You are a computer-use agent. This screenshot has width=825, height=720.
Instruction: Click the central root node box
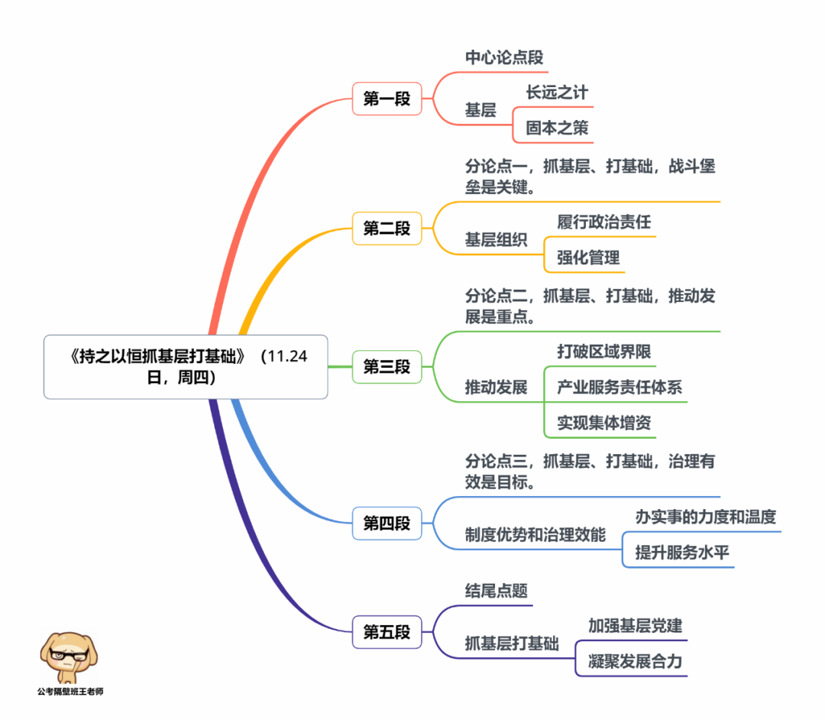(186, 366)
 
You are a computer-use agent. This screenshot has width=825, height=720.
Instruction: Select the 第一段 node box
(387, 99)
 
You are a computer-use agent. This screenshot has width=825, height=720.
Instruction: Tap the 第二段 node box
(387, 228)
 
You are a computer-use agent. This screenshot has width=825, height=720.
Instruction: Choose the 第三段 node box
(387, 366)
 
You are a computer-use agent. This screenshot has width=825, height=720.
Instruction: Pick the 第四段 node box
(387, 523)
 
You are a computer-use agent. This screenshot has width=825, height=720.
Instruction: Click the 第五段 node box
(387, 631)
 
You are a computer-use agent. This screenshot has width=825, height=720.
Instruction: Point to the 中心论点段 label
(504, 57)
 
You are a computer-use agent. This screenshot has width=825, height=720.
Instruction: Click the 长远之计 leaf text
(557, 92)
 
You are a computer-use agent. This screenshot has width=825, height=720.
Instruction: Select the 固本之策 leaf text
(557, 128)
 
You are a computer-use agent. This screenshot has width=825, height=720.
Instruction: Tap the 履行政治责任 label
(603, 222)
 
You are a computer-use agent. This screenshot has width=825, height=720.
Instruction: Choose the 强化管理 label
(588, 258)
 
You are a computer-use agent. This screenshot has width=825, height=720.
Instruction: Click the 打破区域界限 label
(603, 352)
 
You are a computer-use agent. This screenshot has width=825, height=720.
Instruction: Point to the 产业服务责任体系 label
(620, 387)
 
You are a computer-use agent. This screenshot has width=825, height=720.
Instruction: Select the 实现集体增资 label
(603, 422)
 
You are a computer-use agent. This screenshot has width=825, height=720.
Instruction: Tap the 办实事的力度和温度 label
(705, 517)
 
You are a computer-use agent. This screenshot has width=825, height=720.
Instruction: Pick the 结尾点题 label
(497, 591)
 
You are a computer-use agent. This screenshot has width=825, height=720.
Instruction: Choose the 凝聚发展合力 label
(635, 661)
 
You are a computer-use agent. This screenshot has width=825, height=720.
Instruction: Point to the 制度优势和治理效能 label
(535, 534)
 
